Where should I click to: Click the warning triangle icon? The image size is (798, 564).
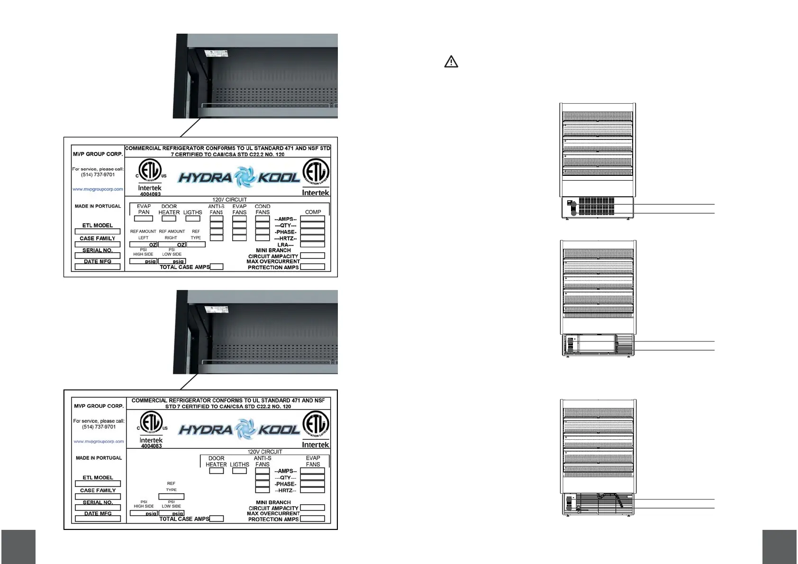click(451, 62)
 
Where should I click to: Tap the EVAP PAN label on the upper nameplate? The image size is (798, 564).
click(144, 209)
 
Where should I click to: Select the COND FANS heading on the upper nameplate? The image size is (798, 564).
click(263, 209)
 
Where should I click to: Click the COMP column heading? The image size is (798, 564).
click(313, 212)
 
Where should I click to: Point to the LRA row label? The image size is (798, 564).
click(285, 245)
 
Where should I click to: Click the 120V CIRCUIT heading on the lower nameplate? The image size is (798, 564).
click(264, 452)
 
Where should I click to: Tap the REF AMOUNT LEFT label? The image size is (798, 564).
click(143, 234)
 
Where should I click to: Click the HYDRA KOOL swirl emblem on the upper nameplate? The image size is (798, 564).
click(245, 177)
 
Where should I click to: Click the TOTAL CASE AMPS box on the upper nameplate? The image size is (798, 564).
click(217, 267)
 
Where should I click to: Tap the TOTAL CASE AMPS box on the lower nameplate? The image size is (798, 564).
click(216, 519)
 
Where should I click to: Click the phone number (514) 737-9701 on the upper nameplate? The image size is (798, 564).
click(98, 174)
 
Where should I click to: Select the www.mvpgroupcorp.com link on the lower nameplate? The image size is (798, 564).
click(99, 441)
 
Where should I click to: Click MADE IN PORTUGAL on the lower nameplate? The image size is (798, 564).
click(99, 458)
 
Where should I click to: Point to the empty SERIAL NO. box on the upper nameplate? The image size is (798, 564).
click(98, 255)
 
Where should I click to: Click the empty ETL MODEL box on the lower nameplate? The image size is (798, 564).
click(98, 484)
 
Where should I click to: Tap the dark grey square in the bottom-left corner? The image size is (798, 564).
click(18, 547)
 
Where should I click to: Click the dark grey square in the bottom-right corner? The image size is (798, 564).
click(780, 547)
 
